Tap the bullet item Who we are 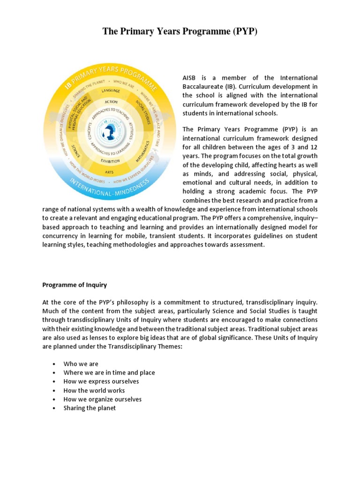click(81, 364)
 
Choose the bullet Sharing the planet click(90, 408)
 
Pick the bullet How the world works click(94, 390)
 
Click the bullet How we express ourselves click(101, 382)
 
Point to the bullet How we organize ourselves click(103, 399)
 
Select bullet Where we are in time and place click(109, 373)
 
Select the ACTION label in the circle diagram click(111, 102)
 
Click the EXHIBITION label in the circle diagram click(111, 161)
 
